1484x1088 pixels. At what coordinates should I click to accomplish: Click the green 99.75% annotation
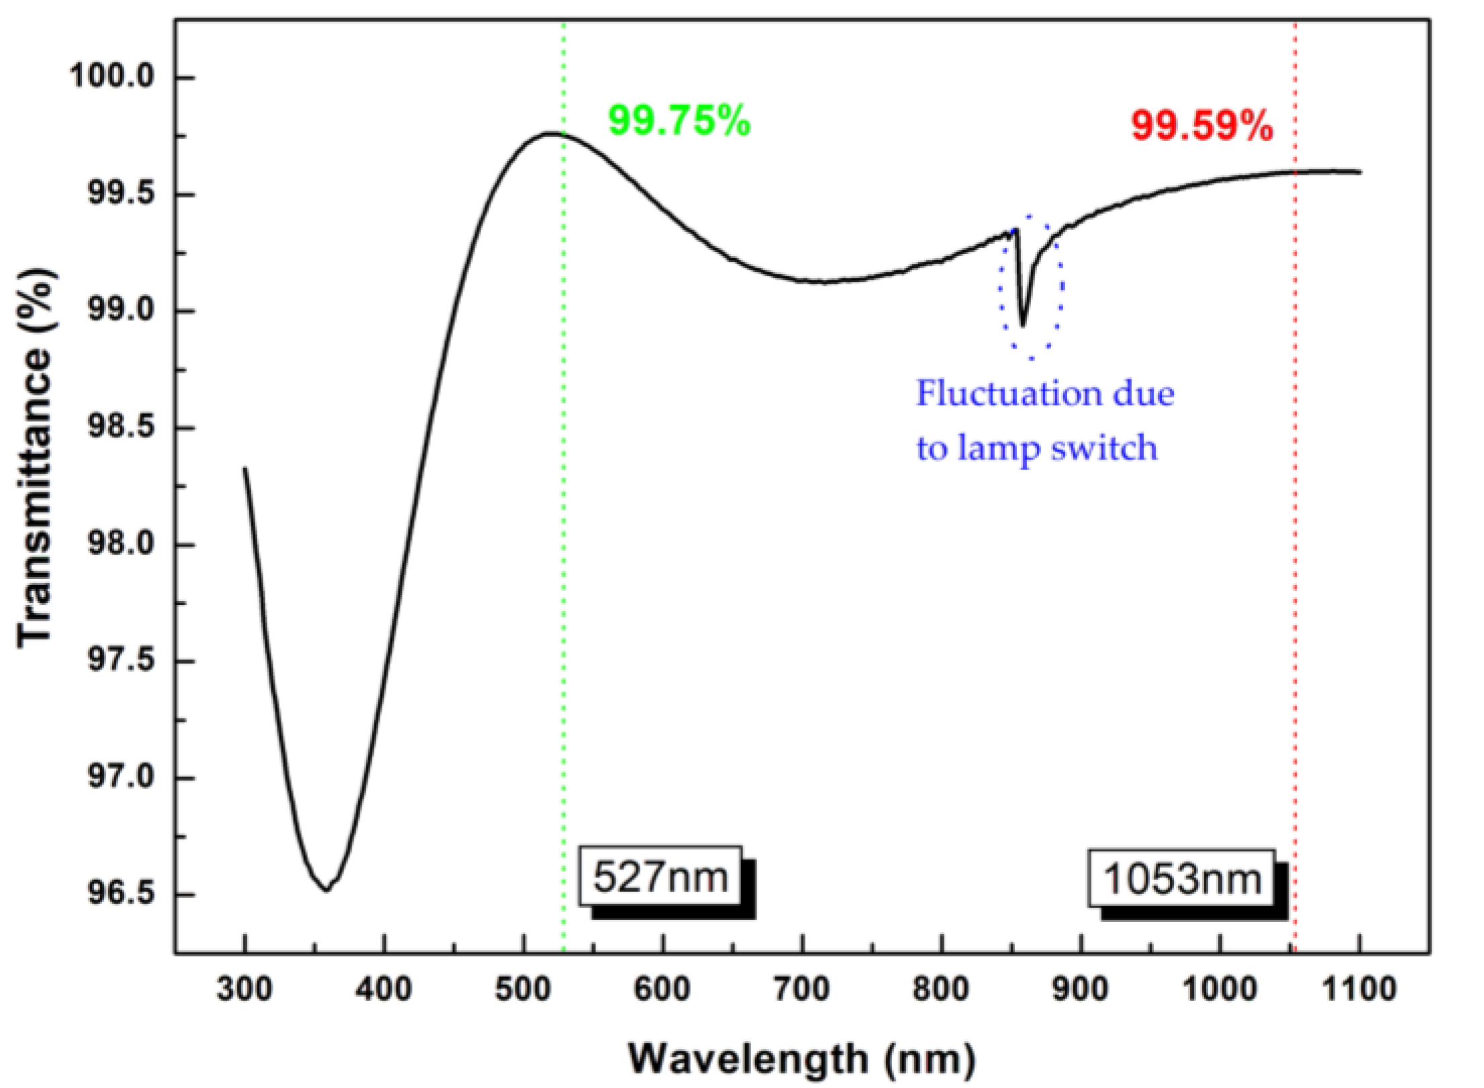pyautogui.click(x=679, y=122)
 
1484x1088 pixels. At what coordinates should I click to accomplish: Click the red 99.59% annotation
pyautogui.click(x=1201, y=126)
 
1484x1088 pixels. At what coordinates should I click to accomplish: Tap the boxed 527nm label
pyautogui.click(x=661, y=876)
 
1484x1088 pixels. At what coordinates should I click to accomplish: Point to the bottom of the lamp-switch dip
pyautogui.click(x=1023, y=326)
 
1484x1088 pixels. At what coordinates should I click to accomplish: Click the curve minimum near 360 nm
pyautogui.click(x=327, y=890)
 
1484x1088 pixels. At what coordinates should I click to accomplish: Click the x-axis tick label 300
pyautogui.click(x=244, y=989)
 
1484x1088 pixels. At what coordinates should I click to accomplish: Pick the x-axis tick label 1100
pyautogui.click(x=1358, y=989)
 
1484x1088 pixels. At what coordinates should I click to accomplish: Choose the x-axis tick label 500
pyautogui.click(x=524, y=989)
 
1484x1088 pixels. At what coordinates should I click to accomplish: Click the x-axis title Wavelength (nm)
pyautogui.click(x=802, y=1059)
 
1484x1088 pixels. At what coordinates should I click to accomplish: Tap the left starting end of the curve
pyautogui.click(x=245, y=469)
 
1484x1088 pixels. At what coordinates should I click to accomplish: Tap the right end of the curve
pyautogui.click(x=1360, y=172)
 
